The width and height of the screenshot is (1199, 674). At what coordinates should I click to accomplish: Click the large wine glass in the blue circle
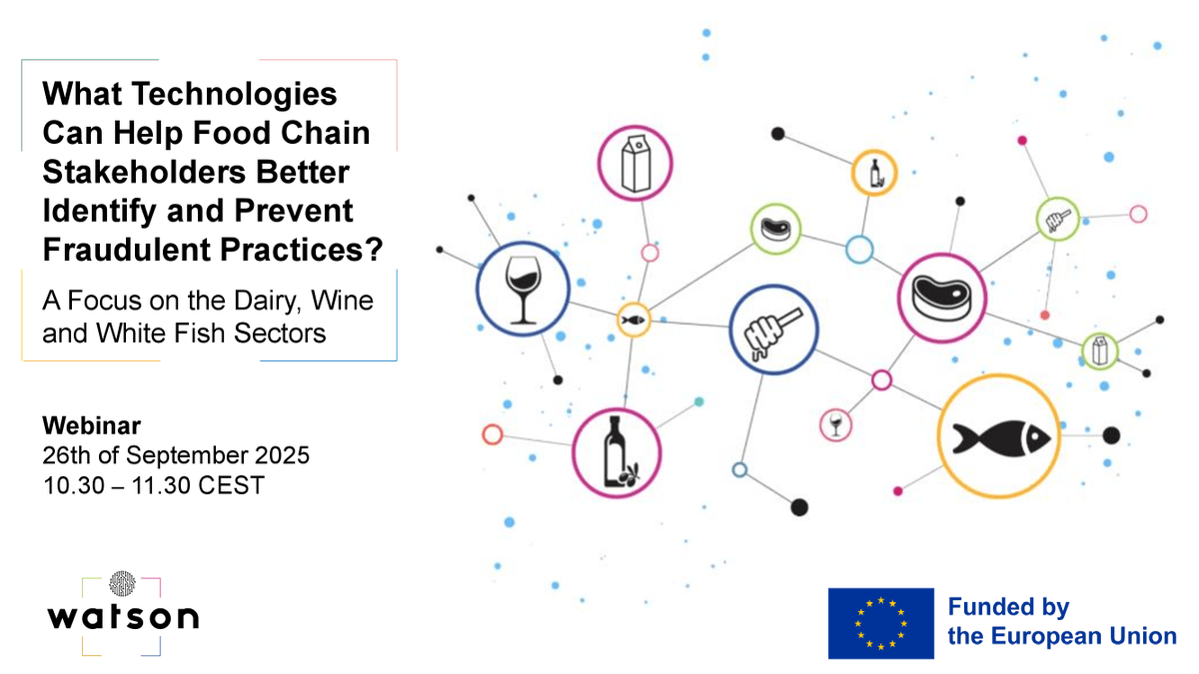click(521, 290)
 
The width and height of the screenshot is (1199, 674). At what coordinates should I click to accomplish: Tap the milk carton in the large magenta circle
click(634, 164)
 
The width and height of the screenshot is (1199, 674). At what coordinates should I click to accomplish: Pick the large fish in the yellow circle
click(999, 436)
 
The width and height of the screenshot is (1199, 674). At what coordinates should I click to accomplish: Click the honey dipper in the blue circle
click(773, 329)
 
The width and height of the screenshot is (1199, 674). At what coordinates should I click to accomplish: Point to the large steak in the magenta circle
click(942, 296)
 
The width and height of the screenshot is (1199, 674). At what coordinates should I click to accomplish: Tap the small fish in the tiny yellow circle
click(632, 321)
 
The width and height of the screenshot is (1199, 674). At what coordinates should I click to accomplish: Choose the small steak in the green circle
click(775, 229)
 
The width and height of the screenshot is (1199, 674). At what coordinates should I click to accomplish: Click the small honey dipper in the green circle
click(1056, 218)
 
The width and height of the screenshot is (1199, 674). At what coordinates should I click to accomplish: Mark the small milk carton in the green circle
click(1099, 350)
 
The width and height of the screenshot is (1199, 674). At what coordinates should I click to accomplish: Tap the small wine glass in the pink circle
click(835, 424)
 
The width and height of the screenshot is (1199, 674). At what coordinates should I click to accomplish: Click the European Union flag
click(880, 623)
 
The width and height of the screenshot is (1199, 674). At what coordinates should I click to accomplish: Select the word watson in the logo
click(122, 615)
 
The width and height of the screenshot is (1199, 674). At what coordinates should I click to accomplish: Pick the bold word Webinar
click(91, 426)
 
